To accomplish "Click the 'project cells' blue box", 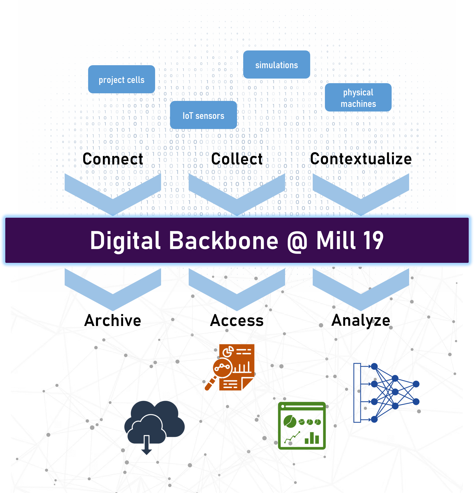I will tap(121, 79).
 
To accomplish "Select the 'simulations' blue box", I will tap(277, 65).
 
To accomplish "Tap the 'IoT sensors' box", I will tap(203, 115).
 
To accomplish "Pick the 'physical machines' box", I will tap(358, 98).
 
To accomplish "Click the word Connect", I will tap(113, 159).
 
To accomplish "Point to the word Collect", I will tap(237, 159).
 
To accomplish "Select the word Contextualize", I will tap(361, 159).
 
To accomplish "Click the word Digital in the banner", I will tap(125, 241).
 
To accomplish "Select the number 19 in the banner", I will tap(373, 241).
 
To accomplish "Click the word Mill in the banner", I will tap(335, 241).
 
